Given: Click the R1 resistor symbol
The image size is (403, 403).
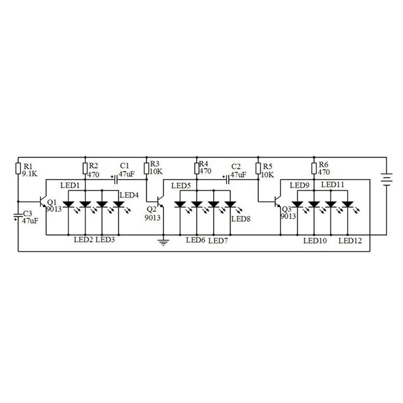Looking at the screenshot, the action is pos(18,168).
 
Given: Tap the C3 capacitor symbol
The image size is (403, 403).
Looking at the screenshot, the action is pos(18,216).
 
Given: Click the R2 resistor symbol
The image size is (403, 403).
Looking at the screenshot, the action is pos(85,168).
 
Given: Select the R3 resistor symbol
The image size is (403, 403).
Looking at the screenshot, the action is pos(147,167).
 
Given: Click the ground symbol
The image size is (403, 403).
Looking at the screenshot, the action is pos(163,242).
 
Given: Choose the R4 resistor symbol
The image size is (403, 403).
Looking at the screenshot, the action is pos(196,168).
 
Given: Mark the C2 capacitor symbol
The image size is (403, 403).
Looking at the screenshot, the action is pos(228,179).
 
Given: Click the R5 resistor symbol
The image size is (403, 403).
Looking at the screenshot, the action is pos(258,167).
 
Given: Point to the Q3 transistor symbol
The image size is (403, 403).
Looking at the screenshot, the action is pos(277,202).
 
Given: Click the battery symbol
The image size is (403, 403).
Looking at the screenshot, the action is pos(386,178).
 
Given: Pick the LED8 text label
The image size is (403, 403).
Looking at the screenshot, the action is pos(241,219).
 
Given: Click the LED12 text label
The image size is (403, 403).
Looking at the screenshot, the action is pos(350,241).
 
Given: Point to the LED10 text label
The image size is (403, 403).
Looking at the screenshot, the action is pos(315,241).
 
